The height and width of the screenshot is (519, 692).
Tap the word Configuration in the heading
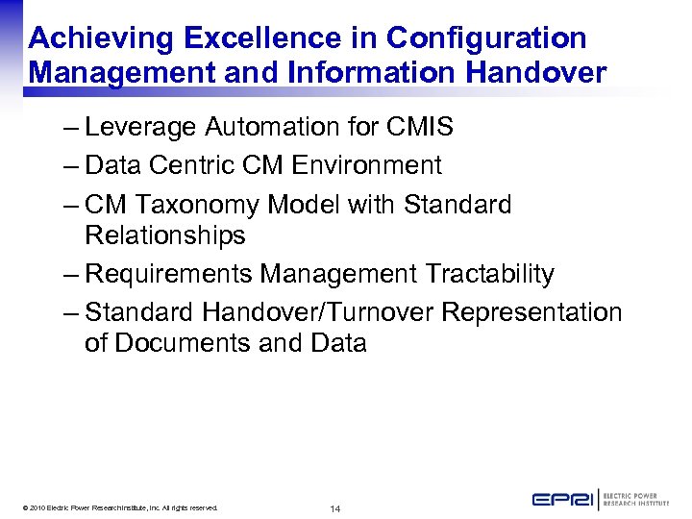(x=486, y=38)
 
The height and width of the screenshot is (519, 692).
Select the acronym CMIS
(x=419, y=127)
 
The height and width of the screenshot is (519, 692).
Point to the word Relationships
(x=165, y=235)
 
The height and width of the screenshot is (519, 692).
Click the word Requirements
(x=170, y=274)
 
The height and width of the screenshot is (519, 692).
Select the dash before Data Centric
(x=69, y=165)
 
